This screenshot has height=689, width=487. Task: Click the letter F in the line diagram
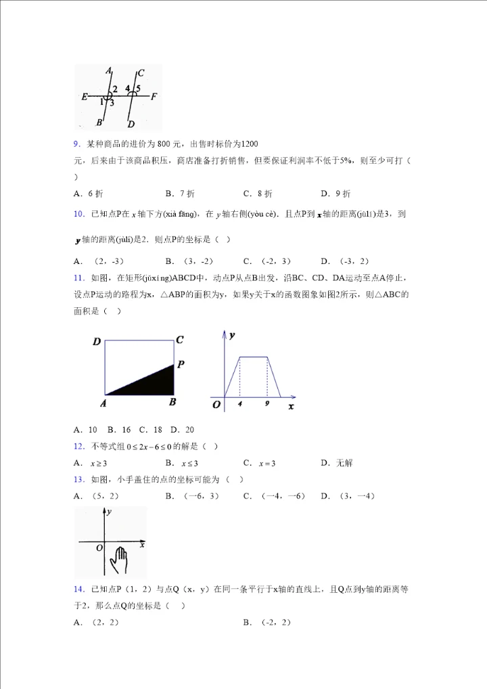click(154, 96)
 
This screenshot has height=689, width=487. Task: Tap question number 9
click(76, 143)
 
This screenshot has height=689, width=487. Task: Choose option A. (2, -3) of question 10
click(99, 261)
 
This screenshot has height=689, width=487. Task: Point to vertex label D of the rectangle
click(97, 342)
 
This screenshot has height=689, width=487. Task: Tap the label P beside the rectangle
click(181, 364)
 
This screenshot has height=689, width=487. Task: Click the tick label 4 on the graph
click(239, 403)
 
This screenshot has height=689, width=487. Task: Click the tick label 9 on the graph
click(267, 403)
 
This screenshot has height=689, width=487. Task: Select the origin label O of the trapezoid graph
click(216, 405)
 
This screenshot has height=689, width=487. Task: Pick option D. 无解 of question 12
click(336, 464)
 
